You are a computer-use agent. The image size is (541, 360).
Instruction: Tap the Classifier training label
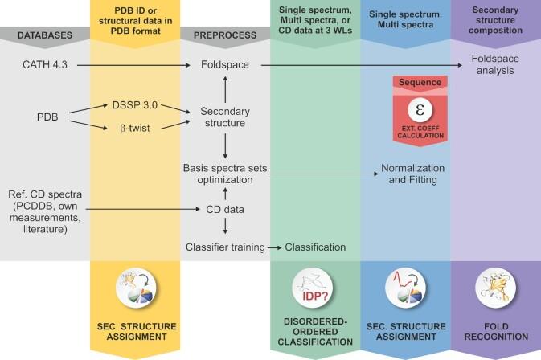225,247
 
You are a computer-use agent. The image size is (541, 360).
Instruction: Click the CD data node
225,211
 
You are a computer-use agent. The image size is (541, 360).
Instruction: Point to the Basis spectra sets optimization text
226,176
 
